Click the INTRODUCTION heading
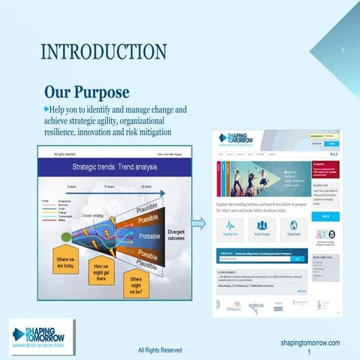point(103,52)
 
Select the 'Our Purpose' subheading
point(86,92)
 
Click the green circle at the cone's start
point(66,238)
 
